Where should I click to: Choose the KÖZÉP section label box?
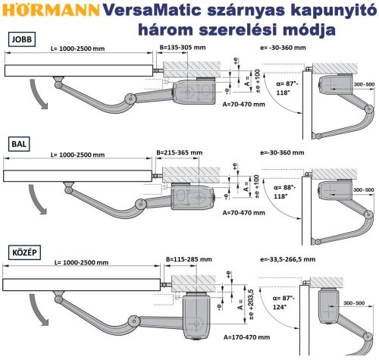[26, 251]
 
